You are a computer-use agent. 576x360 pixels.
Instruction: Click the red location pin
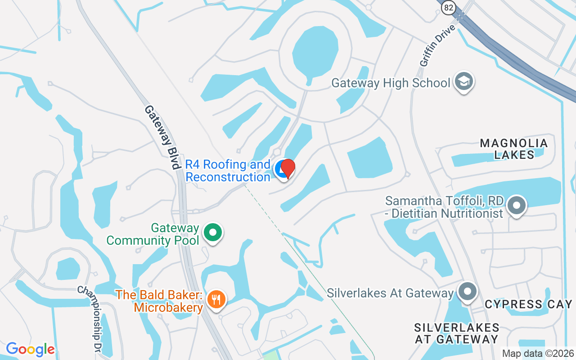pyautogui.click(x=288, y=169)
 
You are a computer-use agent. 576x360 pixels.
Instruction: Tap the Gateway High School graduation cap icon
pyautogui.click(x=463, y=81)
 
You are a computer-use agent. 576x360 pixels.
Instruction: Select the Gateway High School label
pyautogui.click(x=391, y=83)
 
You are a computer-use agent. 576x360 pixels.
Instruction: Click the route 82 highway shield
pyautogui.click(x=448, y=8)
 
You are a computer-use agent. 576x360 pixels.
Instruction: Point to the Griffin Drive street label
pyautogui.click(x=438, y=46)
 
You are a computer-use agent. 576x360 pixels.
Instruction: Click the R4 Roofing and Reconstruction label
pyautogui.click(x=228, y=171)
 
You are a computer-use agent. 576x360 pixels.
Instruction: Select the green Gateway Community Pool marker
pyautogui.click(x=213, y=233)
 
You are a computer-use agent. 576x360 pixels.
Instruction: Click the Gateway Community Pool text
pyautogui.click(x=153, y=234)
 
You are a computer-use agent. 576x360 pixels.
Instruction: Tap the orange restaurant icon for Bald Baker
pyautogui.click(x=216, y=298)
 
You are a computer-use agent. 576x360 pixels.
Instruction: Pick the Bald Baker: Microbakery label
pyautogui.click(x=160, y=301)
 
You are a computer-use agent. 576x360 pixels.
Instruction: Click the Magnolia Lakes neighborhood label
pyautogui.click(x=514, y=149)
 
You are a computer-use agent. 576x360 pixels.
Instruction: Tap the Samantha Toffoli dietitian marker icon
pyautogui.click(x=517, y=206)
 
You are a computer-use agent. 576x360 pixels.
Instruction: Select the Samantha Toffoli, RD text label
pyautogui.click(x=444, y=207)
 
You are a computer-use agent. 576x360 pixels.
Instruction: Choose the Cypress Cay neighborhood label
pyautogui.click(x=528, y=305)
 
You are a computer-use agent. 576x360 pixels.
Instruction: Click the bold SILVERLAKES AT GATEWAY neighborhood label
pyautogui.click(x=456, y=333)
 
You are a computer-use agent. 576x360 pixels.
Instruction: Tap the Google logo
pyautogui.click(x=30, y=349)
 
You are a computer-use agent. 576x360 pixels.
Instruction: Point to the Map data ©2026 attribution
pyautogui.click(x=537, y=354)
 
